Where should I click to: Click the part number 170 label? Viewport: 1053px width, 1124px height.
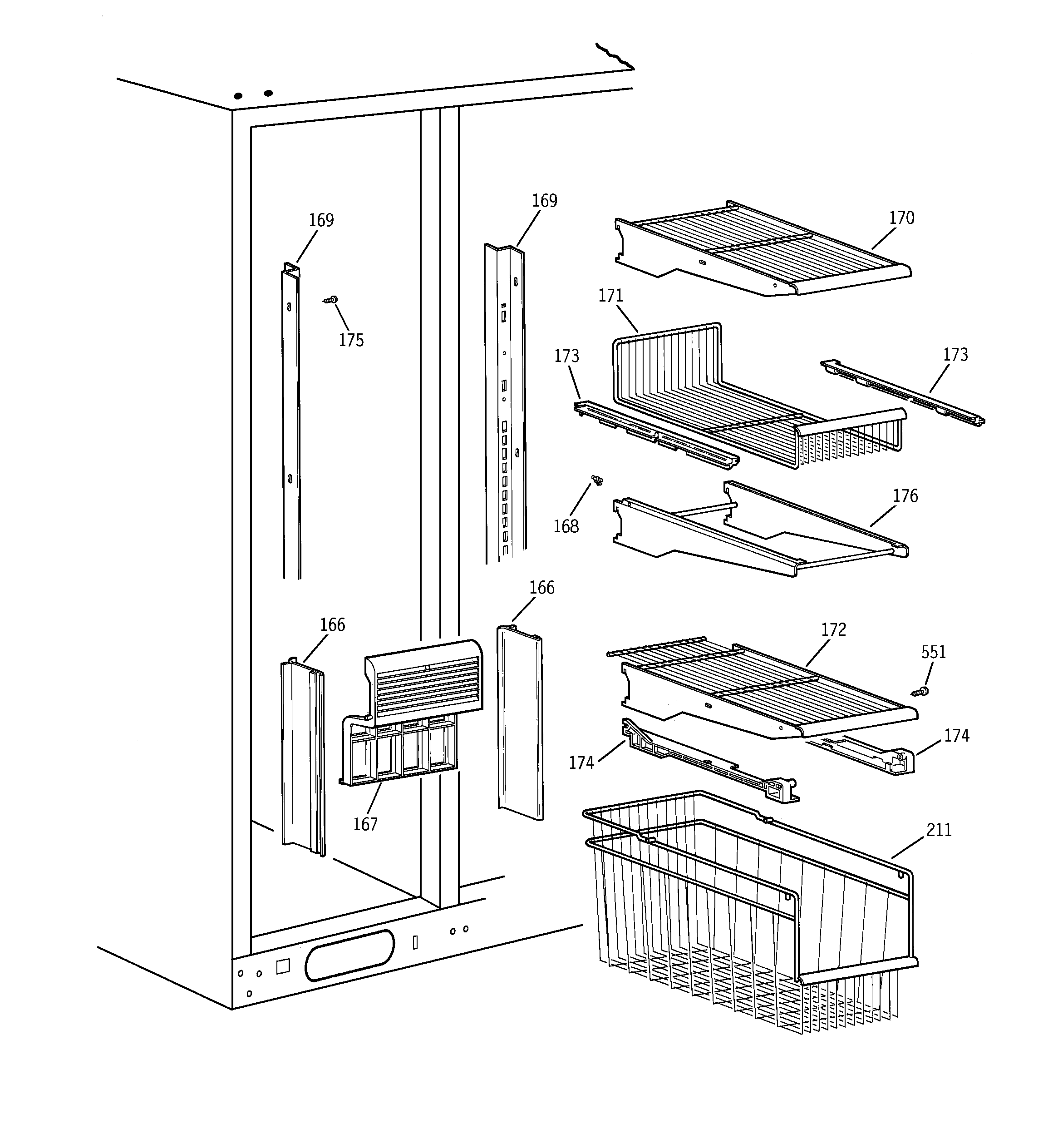(x=901, y=218)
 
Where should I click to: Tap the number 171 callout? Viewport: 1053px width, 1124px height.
(x=610, y=296)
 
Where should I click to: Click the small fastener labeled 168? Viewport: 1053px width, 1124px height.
(x=597, y=480)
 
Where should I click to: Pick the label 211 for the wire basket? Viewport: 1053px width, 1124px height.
(x=939, y=830)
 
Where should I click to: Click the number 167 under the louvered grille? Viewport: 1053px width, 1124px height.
(x=365, y=824)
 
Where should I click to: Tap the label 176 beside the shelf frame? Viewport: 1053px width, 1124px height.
(x=905, y=496)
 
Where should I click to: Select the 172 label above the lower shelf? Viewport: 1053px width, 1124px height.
(x=833, y=630)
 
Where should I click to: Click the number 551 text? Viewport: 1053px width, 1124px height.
(x=933, y=652)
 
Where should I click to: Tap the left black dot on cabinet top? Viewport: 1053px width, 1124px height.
(x=239, y=96)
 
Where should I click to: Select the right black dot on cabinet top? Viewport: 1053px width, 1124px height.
(x=269, y=93)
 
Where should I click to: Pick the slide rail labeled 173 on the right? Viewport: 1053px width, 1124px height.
(x=902, y=394)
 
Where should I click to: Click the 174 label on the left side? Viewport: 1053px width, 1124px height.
(x=581, y=763)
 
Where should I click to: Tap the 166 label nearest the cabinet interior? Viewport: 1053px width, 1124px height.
(x=332, y=625)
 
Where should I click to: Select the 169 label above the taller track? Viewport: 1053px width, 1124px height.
(x=544, y=201)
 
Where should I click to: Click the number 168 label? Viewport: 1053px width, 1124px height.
(x=566, y=526)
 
